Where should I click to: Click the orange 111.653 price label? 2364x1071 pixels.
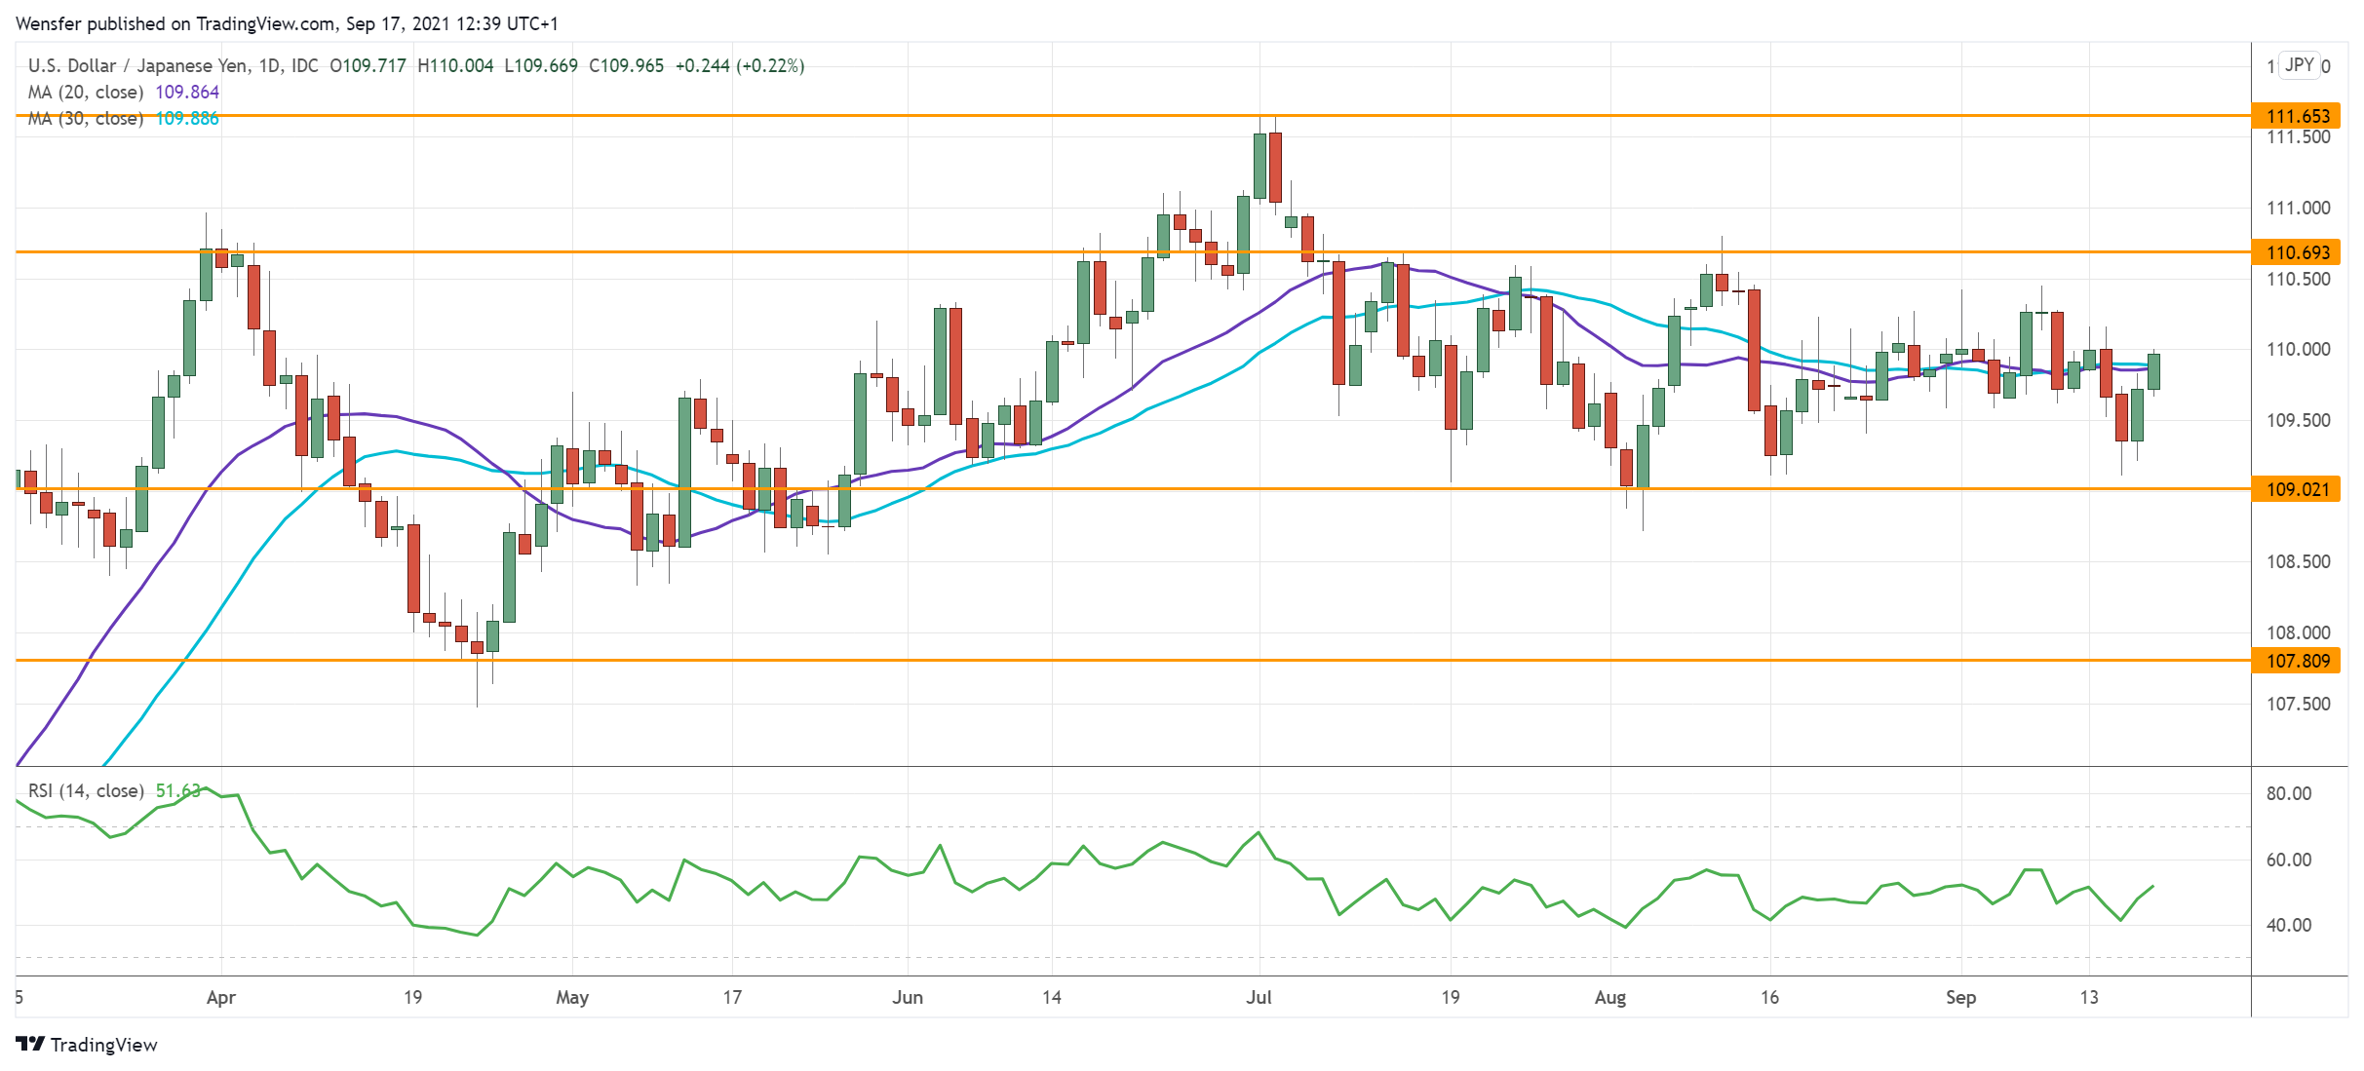pyautogui.click(x=2297, y=116)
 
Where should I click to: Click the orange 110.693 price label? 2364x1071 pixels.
pyautogui.click(x=2297, y=252)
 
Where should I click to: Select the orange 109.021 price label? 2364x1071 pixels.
pyautogui.click(x=2297, y=489)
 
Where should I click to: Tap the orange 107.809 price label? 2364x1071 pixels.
pyautogui.click(x=2297, y=661)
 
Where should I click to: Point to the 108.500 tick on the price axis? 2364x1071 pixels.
pyautogui.click(x=2298, y=561)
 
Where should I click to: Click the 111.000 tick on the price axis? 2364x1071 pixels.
pyautogui.click(x=2298, y=208)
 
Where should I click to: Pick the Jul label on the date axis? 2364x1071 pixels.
pyautogui.click(x=1259, y=997)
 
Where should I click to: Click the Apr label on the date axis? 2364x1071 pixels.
pyautogui.click(x=221, y=997)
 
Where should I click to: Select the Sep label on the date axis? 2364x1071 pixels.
pyautogui.click(x=1960, y=997)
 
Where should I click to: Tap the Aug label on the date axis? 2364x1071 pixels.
pyautogui.click(x=1609, y=997)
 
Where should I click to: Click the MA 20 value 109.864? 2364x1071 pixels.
pyautogui.click(x=187, y=92)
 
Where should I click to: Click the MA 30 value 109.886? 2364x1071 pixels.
pyautogui.click(x=187, y=118)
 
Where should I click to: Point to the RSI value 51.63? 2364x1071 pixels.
pyautogui.click(x=177, y=790)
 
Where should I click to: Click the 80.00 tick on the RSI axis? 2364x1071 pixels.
pyautogui.click(x=2288, y=793)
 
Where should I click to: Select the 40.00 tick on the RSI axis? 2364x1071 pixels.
pyautogui.click(x=2288, y=925)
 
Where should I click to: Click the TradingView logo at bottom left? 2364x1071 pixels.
pyautogui.click(x=87, y=1045)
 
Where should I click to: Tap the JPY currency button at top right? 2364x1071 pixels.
pyautogui.click(x=2300, y=65)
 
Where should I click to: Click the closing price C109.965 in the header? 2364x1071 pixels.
pyautogui.click(x=626, y=65)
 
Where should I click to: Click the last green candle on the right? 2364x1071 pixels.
pyautogui.click(x=2153, y=371)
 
